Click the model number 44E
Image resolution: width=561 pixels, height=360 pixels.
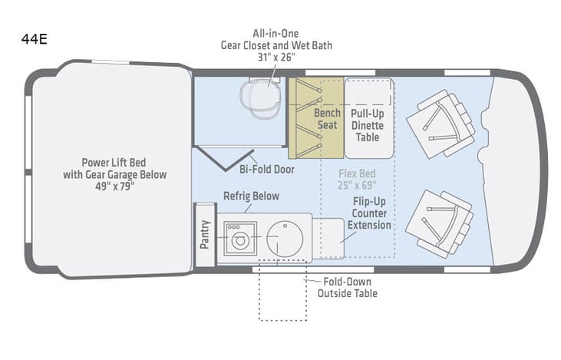click(x=35, y=39)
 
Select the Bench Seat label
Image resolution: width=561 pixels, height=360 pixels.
click(x=328, y=118)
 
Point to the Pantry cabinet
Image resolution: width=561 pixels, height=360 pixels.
click(x=204, y=234)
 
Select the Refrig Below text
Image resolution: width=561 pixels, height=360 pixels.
click(x=251, y=197)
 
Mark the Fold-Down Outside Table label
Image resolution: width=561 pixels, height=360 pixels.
click(x=347, y=287)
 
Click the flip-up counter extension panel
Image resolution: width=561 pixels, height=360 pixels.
click(x=328, y=237)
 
